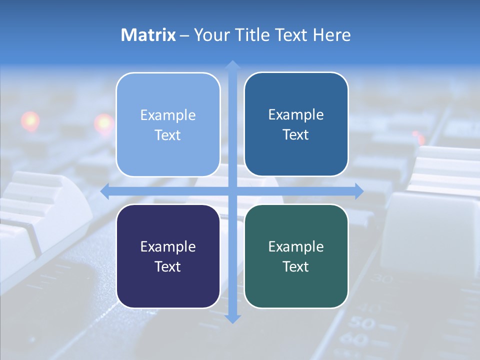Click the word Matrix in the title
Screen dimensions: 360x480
148,35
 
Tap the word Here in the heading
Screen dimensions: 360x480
332,35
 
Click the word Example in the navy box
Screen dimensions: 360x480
168,246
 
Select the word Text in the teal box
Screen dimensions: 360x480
296,266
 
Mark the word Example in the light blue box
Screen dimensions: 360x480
168,115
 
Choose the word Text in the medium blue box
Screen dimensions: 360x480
296,134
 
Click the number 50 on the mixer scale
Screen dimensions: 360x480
360,323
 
